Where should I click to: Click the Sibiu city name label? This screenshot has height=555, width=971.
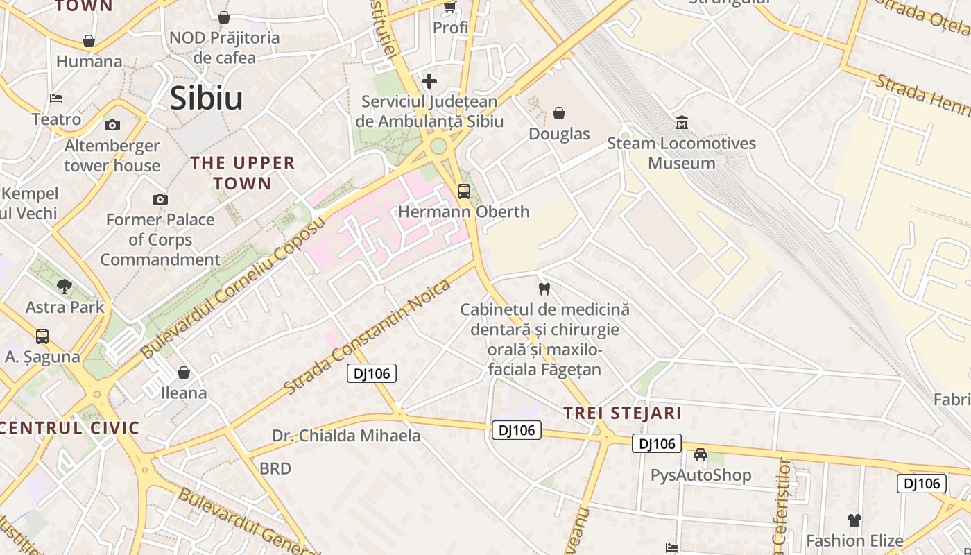click(x=206, y=98)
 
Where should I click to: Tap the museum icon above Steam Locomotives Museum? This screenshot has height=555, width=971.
click(x=681, y=123)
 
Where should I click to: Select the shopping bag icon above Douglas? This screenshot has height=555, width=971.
click(x=559, y=113)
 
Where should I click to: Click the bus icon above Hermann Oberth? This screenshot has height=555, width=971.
click(x=463, y=191)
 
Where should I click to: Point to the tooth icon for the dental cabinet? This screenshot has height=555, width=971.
click(x=544, y=289)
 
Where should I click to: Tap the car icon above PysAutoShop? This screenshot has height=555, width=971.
click(x=701, y=454)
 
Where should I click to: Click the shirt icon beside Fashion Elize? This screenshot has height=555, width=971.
click(x=854, y=520)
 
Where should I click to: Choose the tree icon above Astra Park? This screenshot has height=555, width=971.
click(x=65, y=286)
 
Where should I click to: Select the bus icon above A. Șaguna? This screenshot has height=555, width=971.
click(x=42, y=336)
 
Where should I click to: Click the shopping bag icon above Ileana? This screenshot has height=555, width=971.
click(x=184, y=373)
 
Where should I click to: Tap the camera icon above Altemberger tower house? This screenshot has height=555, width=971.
click(x=112, y=125)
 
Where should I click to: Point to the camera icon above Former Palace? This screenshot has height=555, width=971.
click(x=160, y=199)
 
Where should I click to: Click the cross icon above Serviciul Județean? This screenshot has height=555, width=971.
click(x=429, y=81)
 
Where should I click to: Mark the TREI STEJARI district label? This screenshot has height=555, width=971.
click(x=622, y=413)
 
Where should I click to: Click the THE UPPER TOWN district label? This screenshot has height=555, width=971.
click(x=243, y=173)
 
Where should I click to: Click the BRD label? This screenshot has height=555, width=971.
click(x=275, y=469)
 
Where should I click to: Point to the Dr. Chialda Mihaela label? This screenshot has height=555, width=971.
click(x=346, y=436)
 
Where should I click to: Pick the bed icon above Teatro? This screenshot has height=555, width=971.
click(x=56, y=99)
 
